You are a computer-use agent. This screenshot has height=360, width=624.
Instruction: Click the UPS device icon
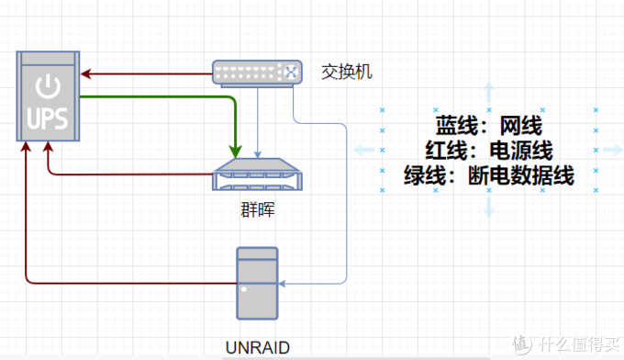pyautogui.click(x=47, y=97)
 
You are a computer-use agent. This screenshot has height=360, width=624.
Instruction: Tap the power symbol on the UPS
pyautogui.click(x=47, y=88)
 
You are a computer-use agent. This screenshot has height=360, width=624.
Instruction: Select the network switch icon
pyautogui.click(x=256, y=72)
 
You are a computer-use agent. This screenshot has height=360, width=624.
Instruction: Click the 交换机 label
pyautogui.click(x=347, y=72)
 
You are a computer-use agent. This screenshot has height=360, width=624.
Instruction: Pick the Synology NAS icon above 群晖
pyautogui.click(x=257, y=174)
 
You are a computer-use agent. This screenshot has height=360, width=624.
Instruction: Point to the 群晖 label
pyautogui.click(x=256, y=211)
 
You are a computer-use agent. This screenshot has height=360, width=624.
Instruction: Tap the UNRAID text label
pyautogui.click(x=256, y=347)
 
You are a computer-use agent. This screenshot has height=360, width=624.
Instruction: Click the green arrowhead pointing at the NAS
pyautogui.click(x=236, y=151)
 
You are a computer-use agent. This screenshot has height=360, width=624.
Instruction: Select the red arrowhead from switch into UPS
pyautogui.click(x=85, y=73)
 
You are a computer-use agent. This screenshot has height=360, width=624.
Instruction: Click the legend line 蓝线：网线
pyautogui.click(x=489, y=125)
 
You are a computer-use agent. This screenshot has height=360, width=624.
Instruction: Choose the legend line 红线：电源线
pyautogui.click(x=489, y=150)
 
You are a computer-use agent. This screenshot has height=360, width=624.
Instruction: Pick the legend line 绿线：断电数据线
pyautogui.click(x=489, y=174)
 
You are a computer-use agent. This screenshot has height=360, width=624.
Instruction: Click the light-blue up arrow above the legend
pyautogui.click(x=489, y=91)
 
